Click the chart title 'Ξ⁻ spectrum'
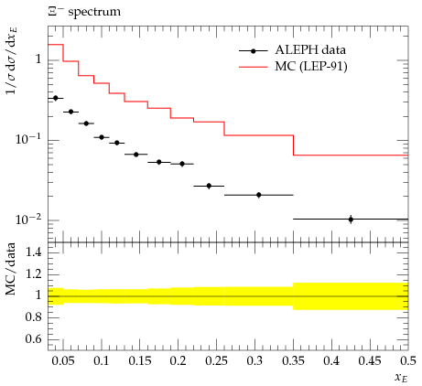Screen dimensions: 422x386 point(84,12)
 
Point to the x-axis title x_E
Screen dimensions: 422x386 point(401,378)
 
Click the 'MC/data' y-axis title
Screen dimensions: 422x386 point(11,269)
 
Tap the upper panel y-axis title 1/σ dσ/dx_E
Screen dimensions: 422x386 point(12,60)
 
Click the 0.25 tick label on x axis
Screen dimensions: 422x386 point(216,361)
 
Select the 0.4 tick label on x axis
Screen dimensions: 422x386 point(331,361)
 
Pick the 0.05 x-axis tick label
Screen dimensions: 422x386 point(63,361)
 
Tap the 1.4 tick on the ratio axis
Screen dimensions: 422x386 point(33,252)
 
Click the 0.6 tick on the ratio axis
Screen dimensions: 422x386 point(33,338)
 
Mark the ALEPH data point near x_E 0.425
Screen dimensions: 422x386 point(351,220)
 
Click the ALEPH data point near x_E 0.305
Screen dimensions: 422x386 point(259,195)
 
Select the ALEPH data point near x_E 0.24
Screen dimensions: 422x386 point(209,186)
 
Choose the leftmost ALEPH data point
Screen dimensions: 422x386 point(56,98)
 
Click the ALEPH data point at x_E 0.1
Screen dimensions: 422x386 point(102,137)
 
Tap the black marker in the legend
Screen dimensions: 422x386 point(254,51)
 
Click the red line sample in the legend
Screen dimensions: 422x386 point(254,67)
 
